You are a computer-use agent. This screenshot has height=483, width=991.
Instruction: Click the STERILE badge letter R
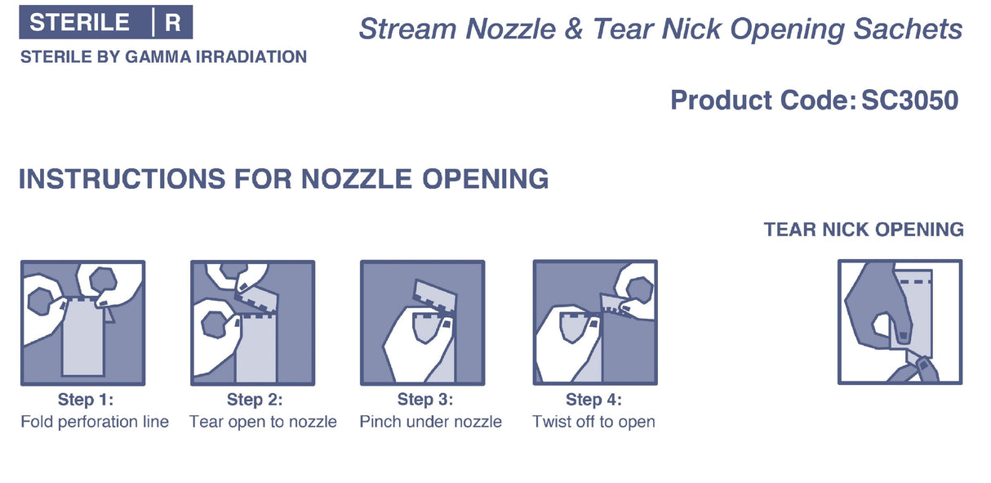click(x=172, y=22)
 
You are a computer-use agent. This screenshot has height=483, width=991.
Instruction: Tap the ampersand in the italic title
click(x=573, y=29)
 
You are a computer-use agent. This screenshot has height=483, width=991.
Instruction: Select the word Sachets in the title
click(x=908, y=29)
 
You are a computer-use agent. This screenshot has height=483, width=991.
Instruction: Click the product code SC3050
click(x=909, y=101)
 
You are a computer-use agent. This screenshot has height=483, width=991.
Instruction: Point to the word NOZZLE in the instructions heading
click(x=357, y=179)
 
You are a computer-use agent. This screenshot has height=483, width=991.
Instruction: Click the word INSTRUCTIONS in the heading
click(x=122, y=179)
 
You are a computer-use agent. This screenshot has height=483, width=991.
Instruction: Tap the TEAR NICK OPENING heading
click(x=864, y=230)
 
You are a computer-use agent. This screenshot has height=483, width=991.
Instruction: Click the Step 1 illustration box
click(x=82, y=323)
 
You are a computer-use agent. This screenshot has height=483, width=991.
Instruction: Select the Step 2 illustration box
click(x=252, y=323)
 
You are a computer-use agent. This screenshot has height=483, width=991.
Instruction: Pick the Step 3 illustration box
click(x=423, y=323)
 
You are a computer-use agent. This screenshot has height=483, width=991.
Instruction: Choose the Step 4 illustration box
click(x=595, y=322)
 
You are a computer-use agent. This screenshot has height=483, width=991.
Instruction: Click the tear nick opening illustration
click(x=900, y=322)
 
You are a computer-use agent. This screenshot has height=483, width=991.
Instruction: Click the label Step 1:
click(x=86, y=400)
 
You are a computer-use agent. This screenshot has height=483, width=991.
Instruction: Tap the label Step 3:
click(x=425, y=400)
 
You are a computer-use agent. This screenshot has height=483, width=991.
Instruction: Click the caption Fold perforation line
click(x=95, y=422)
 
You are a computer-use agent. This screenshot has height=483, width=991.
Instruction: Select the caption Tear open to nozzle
click(x=263, y=422)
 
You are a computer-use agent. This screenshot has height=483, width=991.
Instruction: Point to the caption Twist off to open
click(x=593, y=422)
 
